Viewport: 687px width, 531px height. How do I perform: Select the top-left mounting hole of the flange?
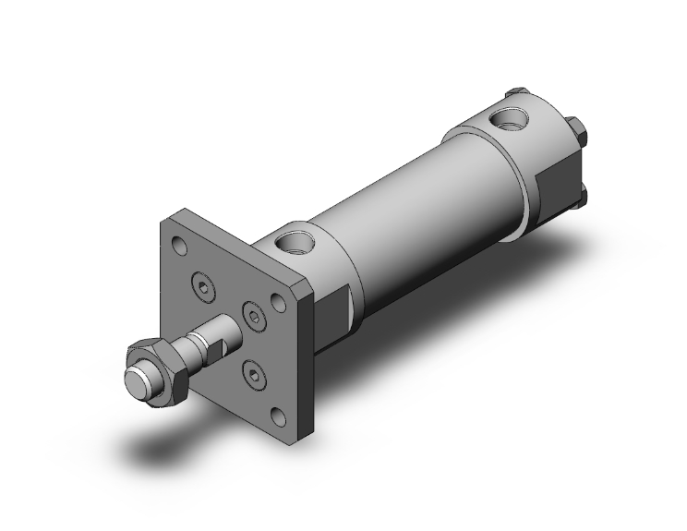click(179, 247)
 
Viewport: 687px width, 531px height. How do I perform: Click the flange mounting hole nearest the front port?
click(277, 302)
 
